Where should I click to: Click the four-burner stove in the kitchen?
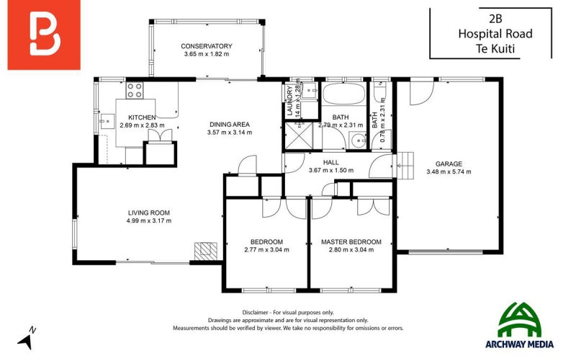pyautogui.click(x=134, y=91)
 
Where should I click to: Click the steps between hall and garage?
pyautogui.click(x=406, y=166)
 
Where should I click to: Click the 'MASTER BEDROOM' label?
pyautogui.click(x=351, y=241)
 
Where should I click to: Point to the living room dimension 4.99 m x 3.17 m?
pyautogui.click(x=148, y=220)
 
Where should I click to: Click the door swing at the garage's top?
pyautogui.click(x=422, y=92)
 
